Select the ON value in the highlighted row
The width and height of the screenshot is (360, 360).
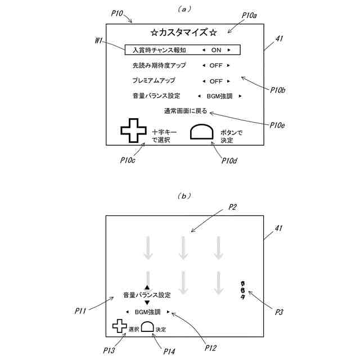(216, 49)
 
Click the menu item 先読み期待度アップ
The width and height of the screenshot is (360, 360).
(159, 65)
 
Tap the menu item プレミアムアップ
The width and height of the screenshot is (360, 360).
(154, 80)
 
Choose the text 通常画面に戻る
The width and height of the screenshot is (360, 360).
(185, 111)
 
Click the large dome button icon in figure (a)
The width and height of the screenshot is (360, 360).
(202, 132)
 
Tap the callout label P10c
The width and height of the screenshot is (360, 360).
(127, 160)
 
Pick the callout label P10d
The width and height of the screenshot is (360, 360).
(228, 161)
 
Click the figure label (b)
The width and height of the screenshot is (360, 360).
(184, 196)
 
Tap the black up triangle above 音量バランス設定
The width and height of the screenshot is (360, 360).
(147, 287)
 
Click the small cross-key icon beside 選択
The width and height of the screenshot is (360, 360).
(119, 326)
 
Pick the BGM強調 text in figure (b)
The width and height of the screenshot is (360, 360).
(147, 311)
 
